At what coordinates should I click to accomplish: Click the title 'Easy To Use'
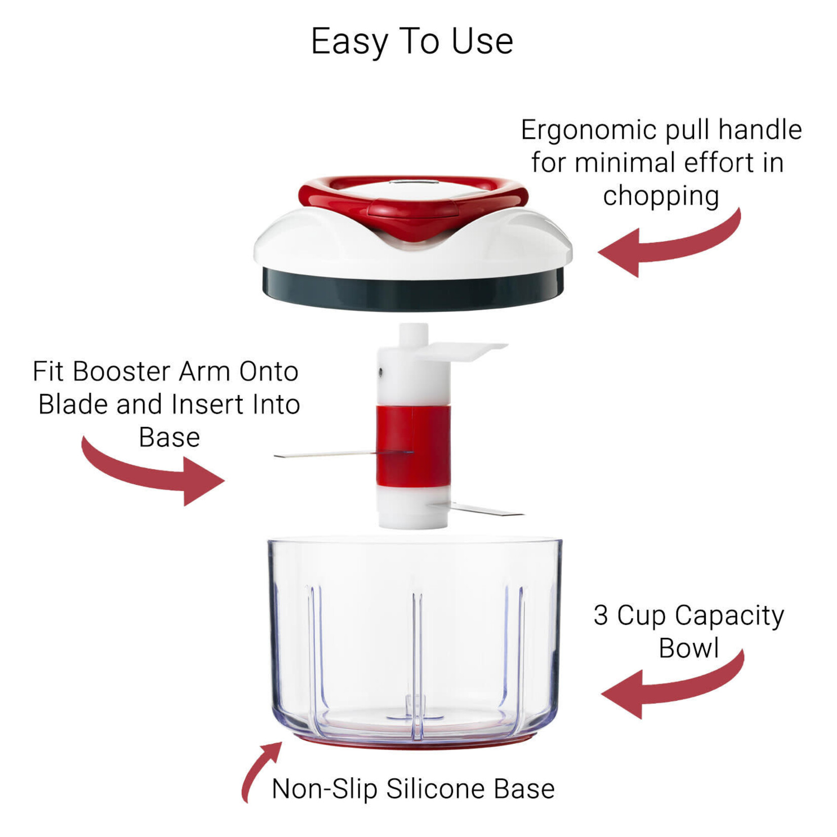(x=411, y=42)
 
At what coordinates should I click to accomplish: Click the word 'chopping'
(x=660, y=197)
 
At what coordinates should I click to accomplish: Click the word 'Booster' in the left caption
(x=122, y=371)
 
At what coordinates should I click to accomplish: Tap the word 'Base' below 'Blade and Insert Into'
(x=169, y=437)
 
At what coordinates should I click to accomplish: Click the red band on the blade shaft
(x=412, y=446)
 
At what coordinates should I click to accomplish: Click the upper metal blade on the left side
(x=324, y=455)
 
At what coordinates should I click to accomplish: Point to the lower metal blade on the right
(x=486, y=509)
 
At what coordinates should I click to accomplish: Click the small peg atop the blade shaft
(x=413, y=334)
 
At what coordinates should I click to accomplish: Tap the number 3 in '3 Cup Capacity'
(x=600, y=616)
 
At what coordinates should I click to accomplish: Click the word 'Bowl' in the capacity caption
(x=688, y=649)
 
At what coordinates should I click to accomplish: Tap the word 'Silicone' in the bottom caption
(x=437, y=789)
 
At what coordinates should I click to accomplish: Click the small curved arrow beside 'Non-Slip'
(x=258, y=770)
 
